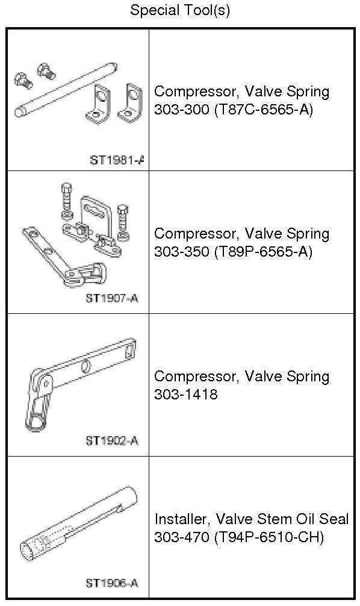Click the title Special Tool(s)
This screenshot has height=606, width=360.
click(180, 10)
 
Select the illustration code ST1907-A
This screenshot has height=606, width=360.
click(111, 298)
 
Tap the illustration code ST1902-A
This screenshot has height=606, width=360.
click(111, 440)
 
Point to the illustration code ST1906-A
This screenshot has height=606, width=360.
click(111, 583)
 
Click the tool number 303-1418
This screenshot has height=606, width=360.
click(186, 394)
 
